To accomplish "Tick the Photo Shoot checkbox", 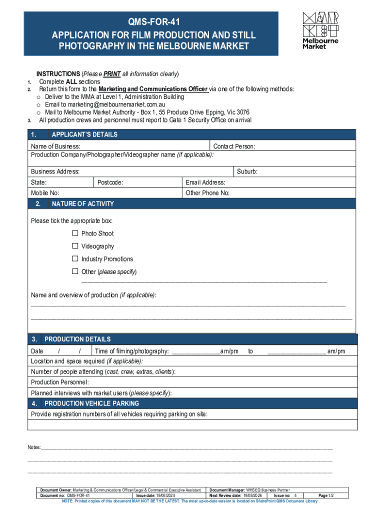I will point(75,233).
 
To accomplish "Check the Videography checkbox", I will point(75,246).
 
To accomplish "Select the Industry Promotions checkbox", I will point(75,259).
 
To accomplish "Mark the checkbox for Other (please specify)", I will point(75,271).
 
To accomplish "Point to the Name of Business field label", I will point(55,146).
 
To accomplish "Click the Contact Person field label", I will point(234,146).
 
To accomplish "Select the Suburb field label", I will point(247,171).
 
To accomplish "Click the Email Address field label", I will point(205,182).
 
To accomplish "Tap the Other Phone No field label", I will point(207,193).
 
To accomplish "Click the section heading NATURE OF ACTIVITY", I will point(82,204).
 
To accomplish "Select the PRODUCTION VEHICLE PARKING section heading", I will point(91,403).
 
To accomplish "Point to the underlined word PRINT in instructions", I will point(112,74).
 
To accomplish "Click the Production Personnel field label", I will point(60,382).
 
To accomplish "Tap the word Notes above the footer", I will point(34,447).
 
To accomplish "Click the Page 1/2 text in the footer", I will point(326,495).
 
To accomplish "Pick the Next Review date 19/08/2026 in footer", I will point(235,495).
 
